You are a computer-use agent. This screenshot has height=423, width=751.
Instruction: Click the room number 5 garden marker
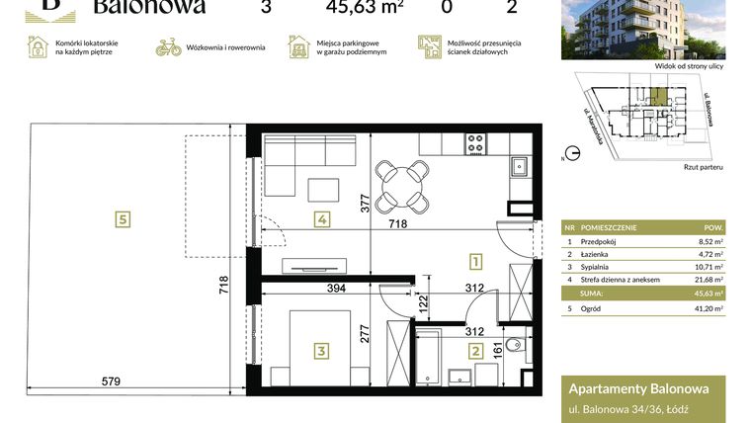pyautogui.click(x=123, y=219)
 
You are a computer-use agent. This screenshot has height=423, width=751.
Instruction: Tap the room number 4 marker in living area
pyautogui.click(x=321, y=219)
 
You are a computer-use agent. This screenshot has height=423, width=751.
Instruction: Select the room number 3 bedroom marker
pyautogui.click(x=321, y=349)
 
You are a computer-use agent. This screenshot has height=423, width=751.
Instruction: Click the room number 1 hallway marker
pyautogui.click(x=475, y=262)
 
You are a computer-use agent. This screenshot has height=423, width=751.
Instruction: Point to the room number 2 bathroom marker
pyautogui.click(x=475, y=349)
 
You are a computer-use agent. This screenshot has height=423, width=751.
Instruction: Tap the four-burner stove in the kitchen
pyautogui.click(x=475, y=143)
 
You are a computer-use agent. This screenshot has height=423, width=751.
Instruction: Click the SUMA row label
pyautogui.click(x=593, y=294)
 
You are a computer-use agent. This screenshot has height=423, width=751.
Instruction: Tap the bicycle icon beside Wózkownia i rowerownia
pyautogui.click(x=169, y=46)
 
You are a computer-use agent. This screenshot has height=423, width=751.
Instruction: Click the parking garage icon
pyautogui.click(x=297, y=46)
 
